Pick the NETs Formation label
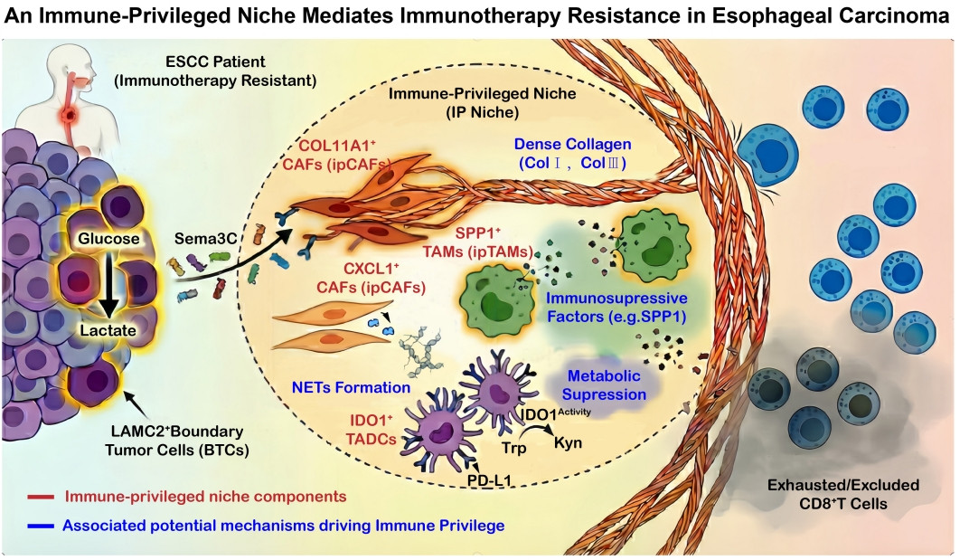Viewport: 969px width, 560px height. [352, 387]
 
